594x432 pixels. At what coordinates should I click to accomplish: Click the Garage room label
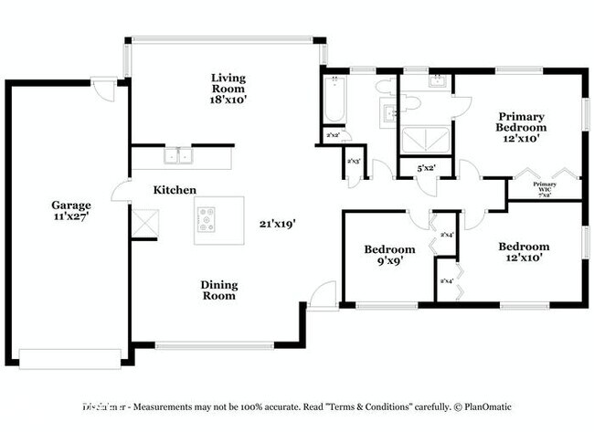pyautogui.click(x=69, y=211)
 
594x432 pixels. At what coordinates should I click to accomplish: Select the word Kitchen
pyautogui.click(x=175, y=189)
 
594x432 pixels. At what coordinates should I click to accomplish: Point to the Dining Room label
pyautogui.click(x=219, y=290)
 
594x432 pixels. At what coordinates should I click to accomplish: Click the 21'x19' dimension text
pyautogui.click(x=277, y=222)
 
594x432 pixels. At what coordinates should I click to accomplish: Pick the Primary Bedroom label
pyautogui.click(x=521, y=127)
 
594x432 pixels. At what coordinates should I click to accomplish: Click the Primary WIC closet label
pyautogui.click(x=545, y=188)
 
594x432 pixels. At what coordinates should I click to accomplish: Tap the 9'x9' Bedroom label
pyautogui.click(x=389, y=255)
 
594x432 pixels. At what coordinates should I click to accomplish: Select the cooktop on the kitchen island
pyautogui.click(x=207, y=219)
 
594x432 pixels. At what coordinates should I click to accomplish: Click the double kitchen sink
pyautogui.click(x=178, y=156)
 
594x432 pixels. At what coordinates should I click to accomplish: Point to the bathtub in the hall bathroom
pyautogui.click(x=332, y=100)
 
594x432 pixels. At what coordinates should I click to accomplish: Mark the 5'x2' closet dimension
pyautogui.click(x=427, y=168)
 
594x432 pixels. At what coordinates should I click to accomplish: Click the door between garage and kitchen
pyautogui.click(x=120, y=191)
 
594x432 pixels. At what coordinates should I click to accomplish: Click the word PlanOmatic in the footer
pyautogui.click(x=489, y=406)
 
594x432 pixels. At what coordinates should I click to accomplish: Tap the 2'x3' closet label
pyautogui.click(x=354, y=162)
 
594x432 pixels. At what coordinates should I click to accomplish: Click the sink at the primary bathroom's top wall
pyautogui.click(x=434, y=81)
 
